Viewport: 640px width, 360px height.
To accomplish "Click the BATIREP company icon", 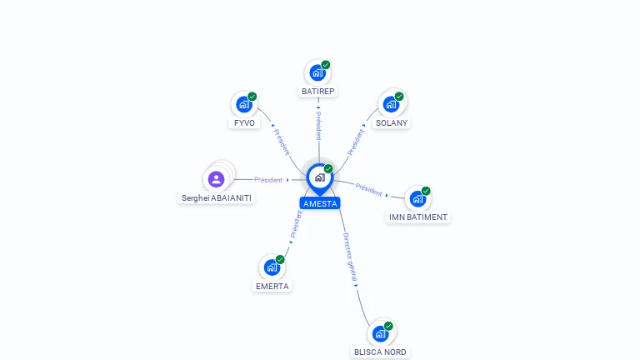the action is (x=317, y=73).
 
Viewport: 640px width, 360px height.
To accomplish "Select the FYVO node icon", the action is (x=244, y=104).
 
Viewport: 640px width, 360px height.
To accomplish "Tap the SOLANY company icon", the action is (x=391, y=104).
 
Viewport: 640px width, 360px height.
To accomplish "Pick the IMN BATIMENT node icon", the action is (x=417, y=199).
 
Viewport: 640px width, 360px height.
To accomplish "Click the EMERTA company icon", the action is (x=272, y=267).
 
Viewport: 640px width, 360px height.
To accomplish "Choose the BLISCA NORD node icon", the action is (x=380, y=334).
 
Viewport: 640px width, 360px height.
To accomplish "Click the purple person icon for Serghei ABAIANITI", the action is (x=216, y=179).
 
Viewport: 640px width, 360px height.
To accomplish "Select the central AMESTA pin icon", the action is (x=320, y=179).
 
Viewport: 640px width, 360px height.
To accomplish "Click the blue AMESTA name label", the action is (x=320, y=203).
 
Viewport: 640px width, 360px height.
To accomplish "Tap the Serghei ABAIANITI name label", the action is (x=217, y=198).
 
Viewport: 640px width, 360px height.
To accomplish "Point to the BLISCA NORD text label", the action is (x=380, y=352).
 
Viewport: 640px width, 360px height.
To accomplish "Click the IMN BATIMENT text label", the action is (x=418, y=217).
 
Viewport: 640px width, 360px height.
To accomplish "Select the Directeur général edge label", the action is (x=350, y=257).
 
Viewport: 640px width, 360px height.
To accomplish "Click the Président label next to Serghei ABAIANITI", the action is (x=268, y=180).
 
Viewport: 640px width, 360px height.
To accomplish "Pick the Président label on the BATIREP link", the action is (x=319, y=126).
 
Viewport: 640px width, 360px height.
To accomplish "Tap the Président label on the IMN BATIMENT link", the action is (x=368, y=189).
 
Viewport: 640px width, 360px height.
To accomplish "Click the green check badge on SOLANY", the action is (x=399, y=97).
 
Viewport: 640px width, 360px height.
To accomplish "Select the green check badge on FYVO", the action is (x=252, y=97).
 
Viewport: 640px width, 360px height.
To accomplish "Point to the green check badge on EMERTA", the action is (x=280, y=259).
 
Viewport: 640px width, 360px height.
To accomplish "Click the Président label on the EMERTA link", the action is (x=297, y=224).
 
